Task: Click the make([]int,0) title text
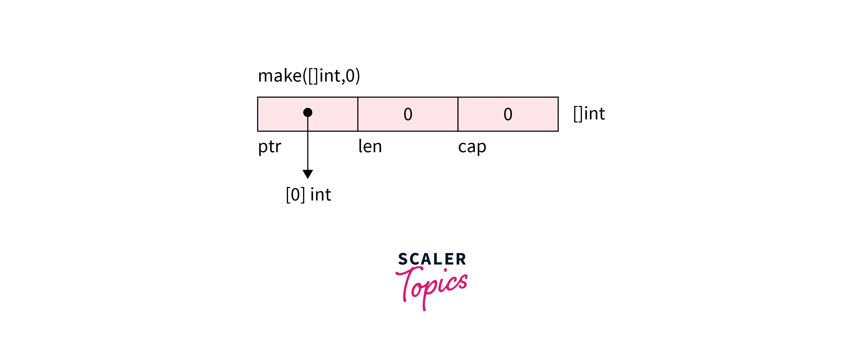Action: (x=309, y=75)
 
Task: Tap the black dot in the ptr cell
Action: (x=308, y=112)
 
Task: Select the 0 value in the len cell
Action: (x=408, y=114)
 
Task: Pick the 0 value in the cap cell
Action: (x=508, y=114)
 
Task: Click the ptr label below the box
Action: (x=269, y=147)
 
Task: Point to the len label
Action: (x=370, y=147)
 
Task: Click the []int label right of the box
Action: (x=589, y=114)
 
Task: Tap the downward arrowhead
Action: (x=308, y=174)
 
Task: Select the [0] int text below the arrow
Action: (x=308, y=194)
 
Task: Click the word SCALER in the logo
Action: (x=432, y=259)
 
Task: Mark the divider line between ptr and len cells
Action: (x=358, y=114)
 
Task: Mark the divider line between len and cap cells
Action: (x=458, y=114)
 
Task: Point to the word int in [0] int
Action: (x=321, y=194)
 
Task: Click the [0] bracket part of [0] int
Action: (x=295, y=194)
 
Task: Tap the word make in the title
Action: (x=280, y=75)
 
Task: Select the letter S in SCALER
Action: (x=403, y=259)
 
